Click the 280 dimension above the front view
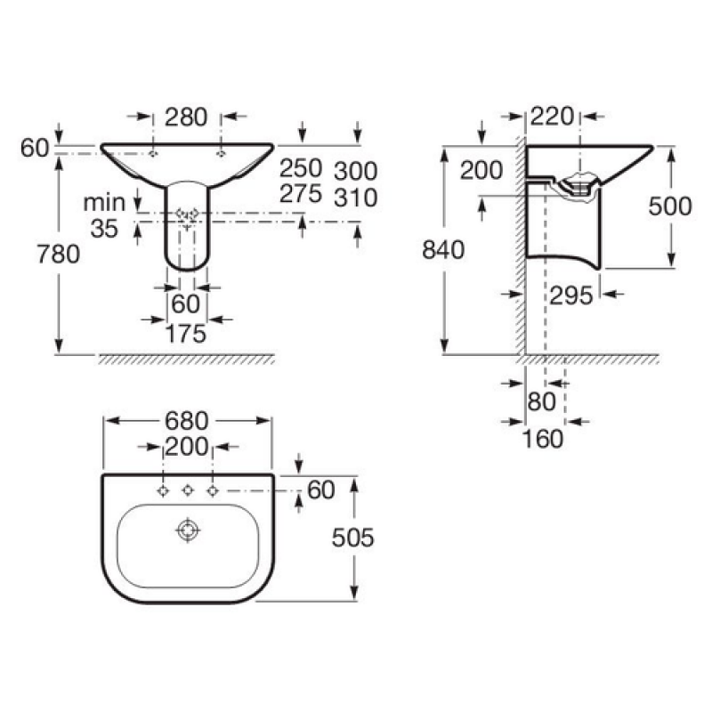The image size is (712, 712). click(x=186, y=117)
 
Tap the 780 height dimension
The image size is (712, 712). click(x=58, y=254)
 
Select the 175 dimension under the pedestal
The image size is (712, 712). click(x=186, y=335)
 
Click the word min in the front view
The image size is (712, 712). click(x=104, y=203)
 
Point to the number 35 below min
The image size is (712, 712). click(x=104, y=229)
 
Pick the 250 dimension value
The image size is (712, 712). click(x=301, y=168)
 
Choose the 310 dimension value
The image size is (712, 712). click(x=355, y=198)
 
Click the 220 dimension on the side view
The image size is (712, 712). click(x=552, y=117)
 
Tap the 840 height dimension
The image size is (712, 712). click(x=443, y=250)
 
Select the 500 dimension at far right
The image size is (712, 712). click(x=670, y=206)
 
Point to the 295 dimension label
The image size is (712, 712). click(x=571, y=295)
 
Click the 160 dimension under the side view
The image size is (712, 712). click(x=543, y=439)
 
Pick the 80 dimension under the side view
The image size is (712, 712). click(x=542, y=402)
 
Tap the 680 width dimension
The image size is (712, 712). click(x=186, y=421)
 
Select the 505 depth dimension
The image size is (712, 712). click(x=352, y=538)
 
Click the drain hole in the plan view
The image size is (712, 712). click(x=188, y=530)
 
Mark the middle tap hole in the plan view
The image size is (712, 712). click(x=188, y=490)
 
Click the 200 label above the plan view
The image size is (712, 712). click(x=186, y=448)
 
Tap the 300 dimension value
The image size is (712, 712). click(x=355, y=171)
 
